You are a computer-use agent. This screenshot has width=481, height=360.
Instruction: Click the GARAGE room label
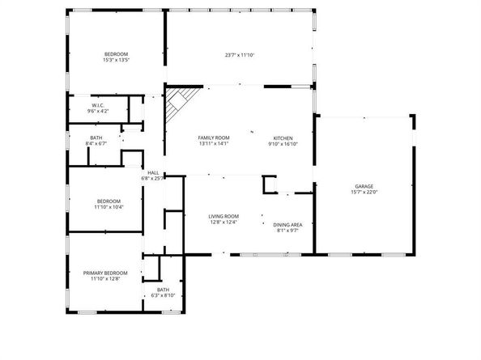click(363, 185)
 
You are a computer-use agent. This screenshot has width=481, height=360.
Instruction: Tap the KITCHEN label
click(282, 138)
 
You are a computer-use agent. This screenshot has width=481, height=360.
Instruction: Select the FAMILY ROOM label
click(214, 138)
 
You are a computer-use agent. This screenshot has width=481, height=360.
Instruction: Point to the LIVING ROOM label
click(223, 216)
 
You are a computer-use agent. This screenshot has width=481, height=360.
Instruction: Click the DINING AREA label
click(287, 224)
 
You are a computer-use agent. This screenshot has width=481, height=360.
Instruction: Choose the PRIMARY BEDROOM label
click(106, 273)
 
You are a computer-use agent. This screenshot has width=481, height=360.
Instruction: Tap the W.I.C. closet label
click(97, 104)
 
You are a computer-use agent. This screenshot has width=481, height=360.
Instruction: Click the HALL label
click(153, 172)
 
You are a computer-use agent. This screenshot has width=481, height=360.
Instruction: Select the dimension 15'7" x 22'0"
click(364, 192)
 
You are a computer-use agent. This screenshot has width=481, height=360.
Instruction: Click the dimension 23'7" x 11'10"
click(240, 55)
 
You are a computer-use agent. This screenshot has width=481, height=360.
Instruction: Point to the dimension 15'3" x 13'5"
click(117, 60)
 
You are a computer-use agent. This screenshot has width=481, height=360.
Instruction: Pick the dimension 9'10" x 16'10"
click(283, 144)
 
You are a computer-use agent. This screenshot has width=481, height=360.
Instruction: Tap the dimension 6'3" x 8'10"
click(164, 296)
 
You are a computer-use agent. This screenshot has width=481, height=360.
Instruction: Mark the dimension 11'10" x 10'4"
click(109, 207)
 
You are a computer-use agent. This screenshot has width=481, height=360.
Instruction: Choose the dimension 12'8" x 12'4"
click(223, 222)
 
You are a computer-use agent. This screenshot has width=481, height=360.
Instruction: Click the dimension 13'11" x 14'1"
click(214, 144)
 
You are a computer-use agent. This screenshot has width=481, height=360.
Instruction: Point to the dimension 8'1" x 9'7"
click(287, 231)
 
